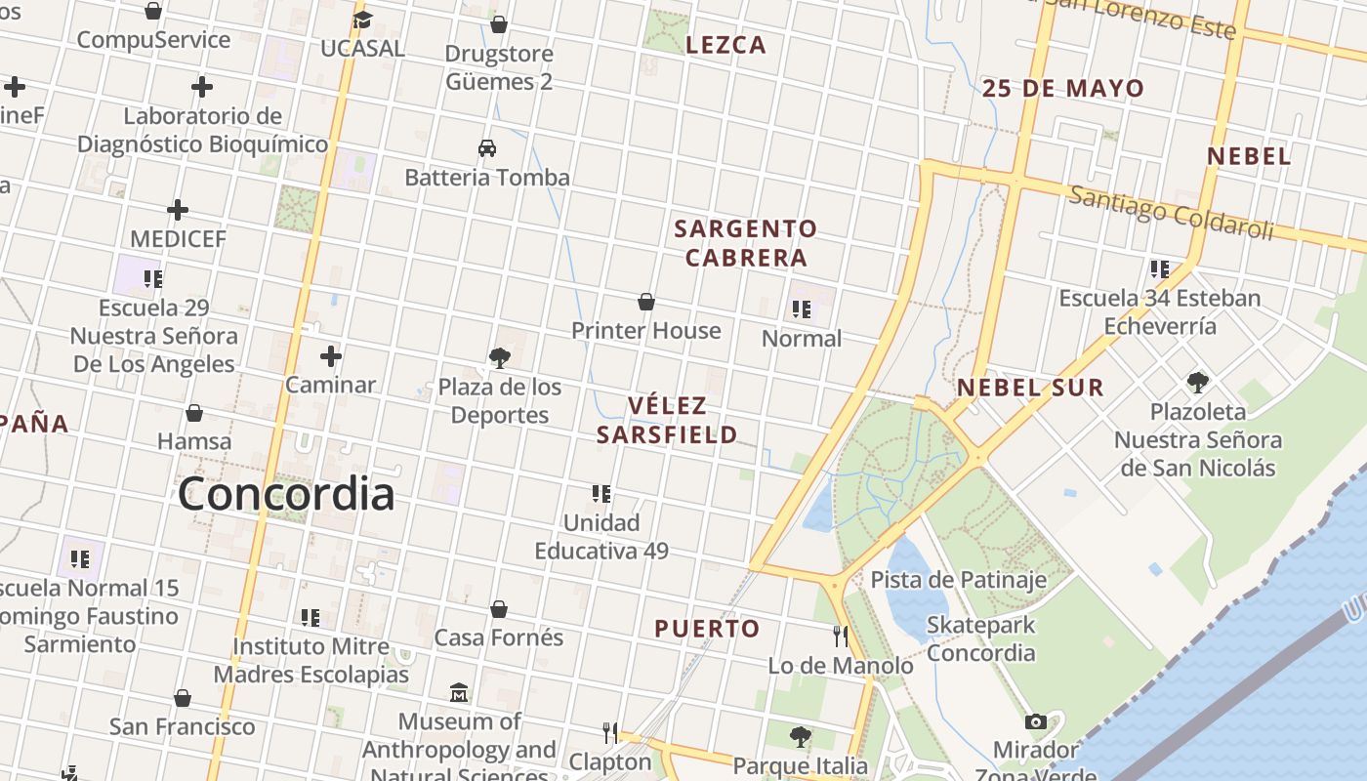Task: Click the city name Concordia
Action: (x=286, y=494)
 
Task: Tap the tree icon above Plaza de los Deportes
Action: (x=500, y=358)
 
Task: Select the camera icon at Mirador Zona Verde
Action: (x=1036, y=722)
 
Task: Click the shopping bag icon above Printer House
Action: (x=646, y=302)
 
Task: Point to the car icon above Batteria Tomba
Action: (x=487, y=148)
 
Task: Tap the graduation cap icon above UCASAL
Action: (x=362, y=20)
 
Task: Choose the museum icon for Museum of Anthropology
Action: (x=460, y=693)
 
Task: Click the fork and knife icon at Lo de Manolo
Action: (x=841, y=637)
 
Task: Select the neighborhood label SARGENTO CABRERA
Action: (x=746, y=243)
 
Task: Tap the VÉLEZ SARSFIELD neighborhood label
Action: (x=667, y=420)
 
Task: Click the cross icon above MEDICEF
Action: (x=178, y=210)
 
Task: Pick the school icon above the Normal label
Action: (x=802, y=310)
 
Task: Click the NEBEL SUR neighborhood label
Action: (x=1030, y=388)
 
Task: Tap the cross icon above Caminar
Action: (x=331, y=355)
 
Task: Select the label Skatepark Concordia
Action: (x=980, y=638)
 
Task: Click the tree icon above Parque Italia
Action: (x=801, y=736)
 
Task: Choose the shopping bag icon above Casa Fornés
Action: (x=499, y=609)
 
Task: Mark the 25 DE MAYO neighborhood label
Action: (x=1062, y=89)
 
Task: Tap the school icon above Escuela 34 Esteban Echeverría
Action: (x=1159, y=268)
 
